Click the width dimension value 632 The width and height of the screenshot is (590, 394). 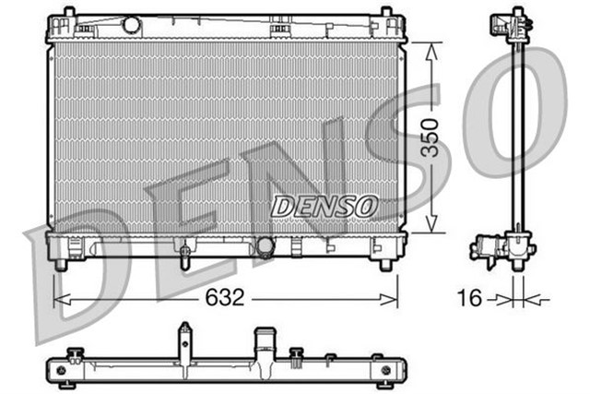coord(224,298)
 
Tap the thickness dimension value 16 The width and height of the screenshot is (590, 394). coord(469,298)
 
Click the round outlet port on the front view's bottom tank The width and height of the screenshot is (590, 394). coord(266,246)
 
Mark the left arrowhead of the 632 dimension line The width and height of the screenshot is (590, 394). coord(59,298)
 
